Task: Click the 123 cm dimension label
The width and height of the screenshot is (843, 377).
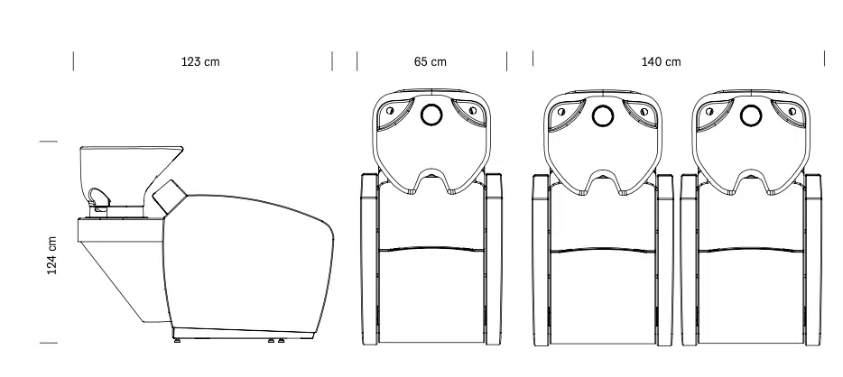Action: [200, 61]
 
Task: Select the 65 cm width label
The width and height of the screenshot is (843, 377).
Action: [431, 61]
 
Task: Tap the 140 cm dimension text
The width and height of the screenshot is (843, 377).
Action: [661, 61]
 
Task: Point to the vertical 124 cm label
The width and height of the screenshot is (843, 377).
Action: [52, 255]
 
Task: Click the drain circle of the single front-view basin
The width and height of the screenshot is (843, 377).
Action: [431, 115]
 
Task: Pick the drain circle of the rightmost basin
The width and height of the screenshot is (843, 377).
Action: [751, 115]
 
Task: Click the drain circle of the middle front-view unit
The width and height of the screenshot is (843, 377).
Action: [603, 115]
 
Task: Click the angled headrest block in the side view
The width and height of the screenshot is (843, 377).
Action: [170, 196]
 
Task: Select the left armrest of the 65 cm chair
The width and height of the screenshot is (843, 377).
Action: [369, 259]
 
